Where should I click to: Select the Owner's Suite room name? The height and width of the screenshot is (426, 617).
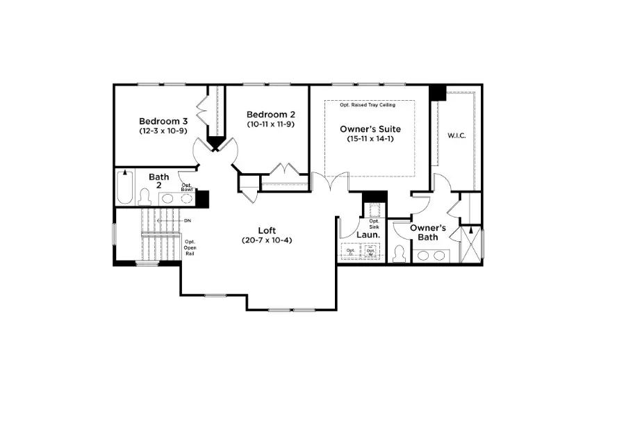pyautogui.click(x=370, y=129)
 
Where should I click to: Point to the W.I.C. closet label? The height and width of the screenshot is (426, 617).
pyautogui.click(x=456, y=136)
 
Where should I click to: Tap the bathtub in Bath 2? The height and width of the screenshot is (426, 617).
pyautogui.click(x=124, y=188)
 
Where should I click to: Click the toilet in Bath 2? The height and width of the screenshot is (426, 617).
pyautogui.click(x=145, y=197)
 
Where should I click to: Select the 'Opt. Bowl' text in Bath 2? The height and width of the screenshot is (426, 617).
pyautogui.click(x=187, y=187)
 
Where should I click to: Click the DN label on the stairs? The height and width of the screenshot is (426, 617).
pyautogui.click(x=187, y=220)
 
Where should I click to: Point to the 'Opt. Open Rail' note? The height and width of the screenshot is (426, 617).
pyautogui.click(x=190, y=247)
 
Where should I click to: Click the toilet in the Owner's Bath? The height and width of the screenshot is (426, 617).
pyautogui.click(x=399, y=253)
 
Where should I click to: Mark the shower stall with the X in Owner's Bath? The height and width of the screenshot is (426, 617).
pyautogui.click(x=471, y=244)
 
